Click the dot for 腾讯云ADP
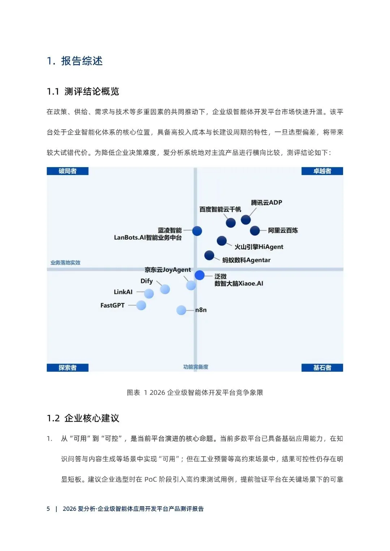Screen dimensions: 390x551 246,219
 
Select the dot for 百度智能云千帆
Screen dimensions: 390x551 231,223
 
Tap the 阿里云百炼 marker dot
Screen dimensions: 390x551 255,230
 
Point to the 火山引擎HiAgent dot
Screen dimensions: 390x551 222,241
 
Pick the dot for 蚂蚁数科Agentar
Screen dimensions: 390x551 209,255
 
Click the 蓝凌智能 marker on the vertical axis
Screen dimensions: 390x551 197,231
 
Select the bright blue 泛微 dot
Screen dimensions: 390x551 200,275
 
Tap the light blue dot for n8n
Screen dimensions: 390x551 181,310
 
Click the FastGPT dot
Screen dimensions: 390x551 141,305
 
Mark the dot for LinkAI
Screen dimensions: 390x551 149,294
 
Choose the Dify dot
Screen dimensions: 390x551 165,289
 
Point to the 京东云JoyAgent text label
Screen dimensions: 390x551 168,270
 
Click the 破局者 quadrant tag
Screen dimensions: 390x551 68,171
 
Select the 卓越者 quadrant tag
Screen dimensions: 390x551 322,171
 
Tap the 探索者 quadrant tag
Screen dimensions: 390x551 68,368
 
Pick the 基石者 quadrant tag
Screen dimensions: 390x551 322,368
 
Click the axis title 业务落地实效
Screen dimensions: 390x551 65,263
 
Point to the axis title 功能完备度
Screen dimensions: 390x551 196,367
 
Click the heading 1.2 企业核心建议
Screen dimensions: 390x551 83,418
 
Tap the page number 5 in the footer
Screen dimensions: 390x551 48,509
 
